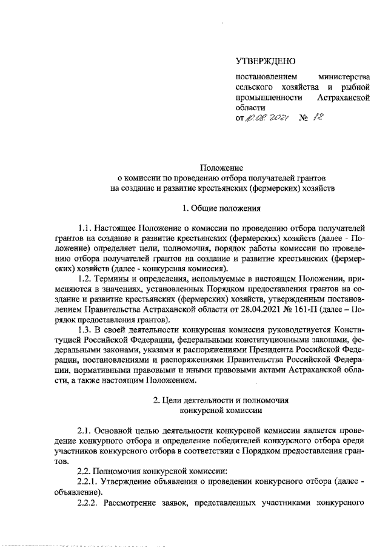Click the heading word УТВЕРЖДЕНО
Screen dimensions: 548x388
265,61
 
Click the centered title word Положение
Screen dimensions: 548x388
222,167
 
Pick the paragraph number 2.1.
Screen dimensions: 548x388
85,429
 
